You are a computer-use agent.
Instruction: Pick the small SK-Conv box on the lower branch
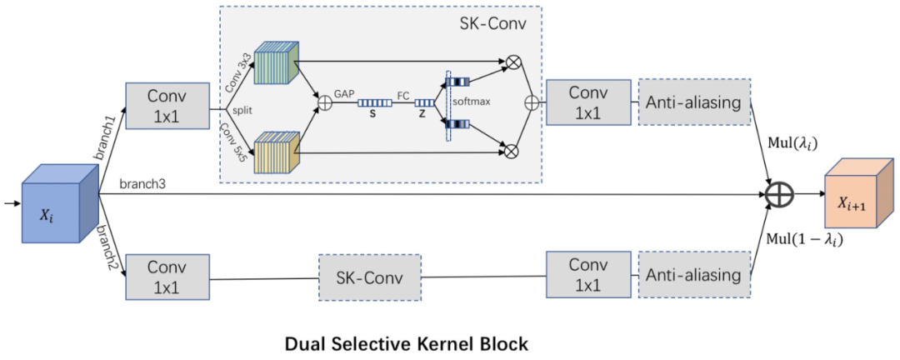coord(369,276)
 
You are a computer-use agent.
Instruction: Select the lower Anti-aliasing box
coord(693,275)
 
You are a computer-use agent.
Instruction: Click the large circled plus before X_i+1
coord(779,195)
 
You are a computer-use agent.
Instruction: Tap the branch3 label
coord(142,182)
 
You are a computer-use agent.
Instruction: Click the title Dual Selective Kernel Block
coord(407,342)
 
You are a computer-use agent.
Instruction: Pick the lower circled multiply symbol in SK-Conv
coord(511,150)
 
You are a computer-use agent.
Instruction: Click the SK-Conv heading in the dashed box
coord(493,23)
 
